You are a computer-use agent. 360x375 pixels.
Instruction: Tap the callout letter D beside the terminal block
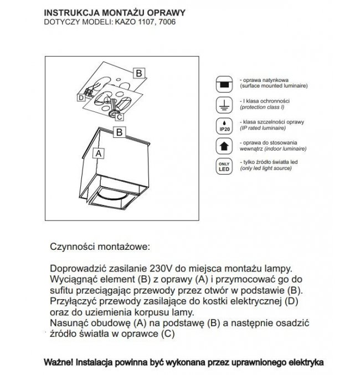click(81, 97)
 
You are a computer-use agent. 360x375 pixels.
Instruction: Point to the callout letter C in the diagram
click(120, 117)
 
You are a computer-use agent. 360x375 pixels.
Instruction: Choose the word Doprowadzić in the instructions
click(79, 268)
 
